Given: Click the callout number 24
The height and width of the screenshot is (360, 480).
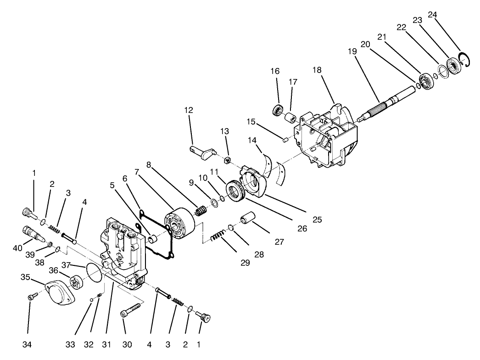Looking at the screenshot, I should coord(432,15).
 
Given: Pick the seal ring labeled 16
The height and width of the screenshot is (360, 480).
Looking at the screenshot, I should coord(278,110).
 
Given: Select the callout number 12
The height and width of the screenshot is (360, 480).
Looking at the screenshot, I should coord(189,110).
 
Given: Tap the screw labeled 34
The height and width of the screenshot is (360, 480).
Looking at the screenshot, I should coord(30,298).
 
